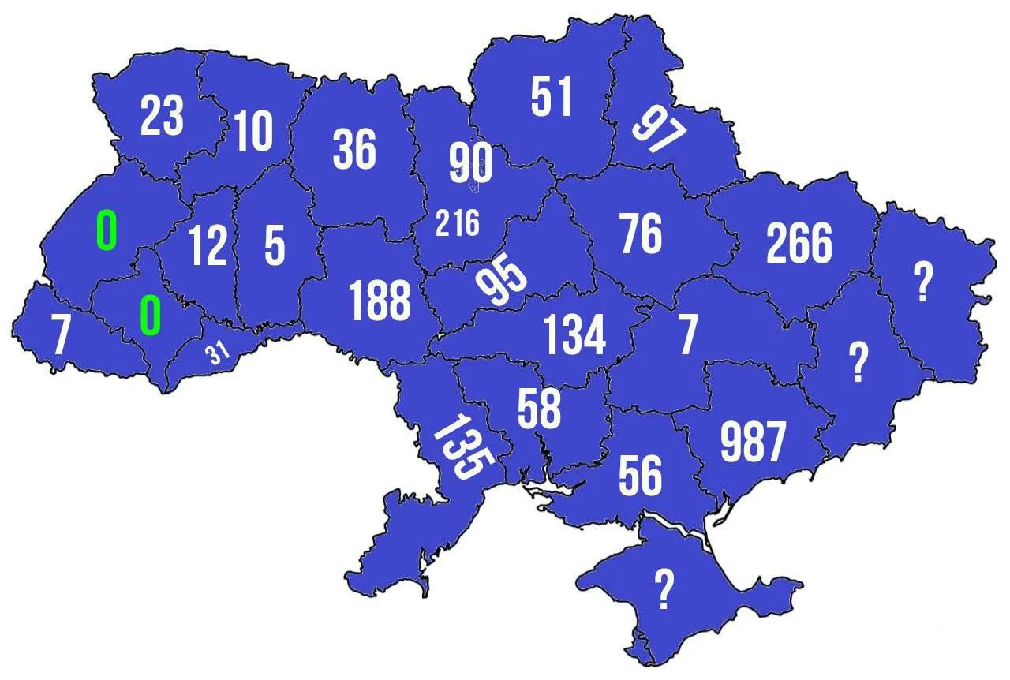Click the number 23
pyautogui.click(x=162, y=117)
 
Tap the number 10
pyautogui.click(x=253, y=131)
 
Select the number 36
pyautogui.click(x=354, y=149)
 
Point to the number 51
pyautogui.click(x=552, y=97)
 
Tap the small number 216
pyautogui.click(x=458, y=224)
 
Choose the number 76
pyautogui.click(x=641, y=234)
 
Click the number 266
pyautogui.click(x=799, y=243)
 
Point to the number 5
pyautogui.click(x=275, y=245)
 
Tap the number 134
pyautogui.click(x=575, y=334)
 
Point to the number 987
pyautogui.click(x=753, y=442)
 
